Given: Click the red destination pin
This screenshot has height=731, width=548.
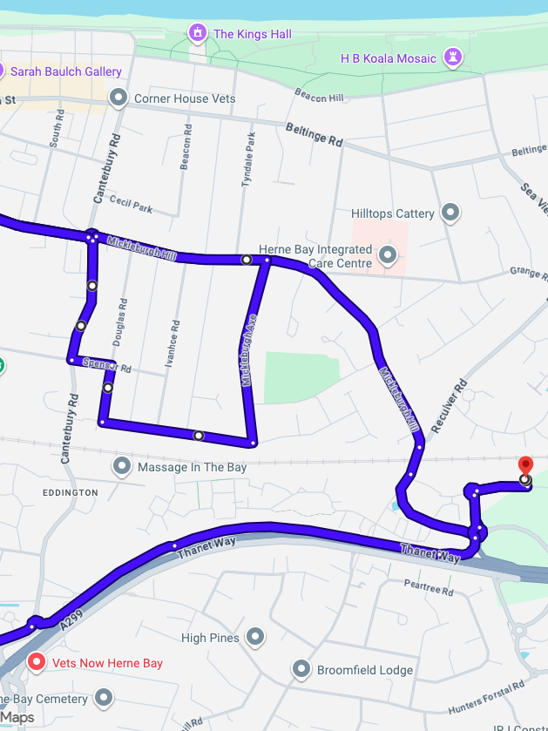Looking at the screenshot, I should pos(524,465).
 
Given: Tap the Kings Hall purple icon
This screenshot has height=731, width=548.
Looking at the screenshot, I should pos(198,34).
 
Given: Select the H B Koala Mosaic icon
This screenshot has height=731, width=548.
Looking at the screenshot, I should pos(452,58).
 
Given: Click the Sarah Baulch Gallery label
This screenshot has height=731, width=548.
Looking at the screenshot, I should pos(66,71).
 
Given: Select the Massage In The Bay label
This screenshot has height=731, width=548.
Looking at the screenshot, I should pos(192,467).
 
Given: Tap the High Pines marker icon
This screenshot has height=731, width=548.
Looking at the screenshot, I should pos(255,638).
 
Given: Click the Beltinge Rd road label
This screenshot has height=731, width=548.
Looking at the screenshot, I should pos(315,133).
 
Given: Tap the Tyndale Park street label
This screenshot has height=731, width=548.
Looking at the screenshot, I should pos(248,159).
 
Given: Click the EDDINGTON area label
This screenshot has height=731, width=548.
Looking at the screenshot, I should pos(71,492).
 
